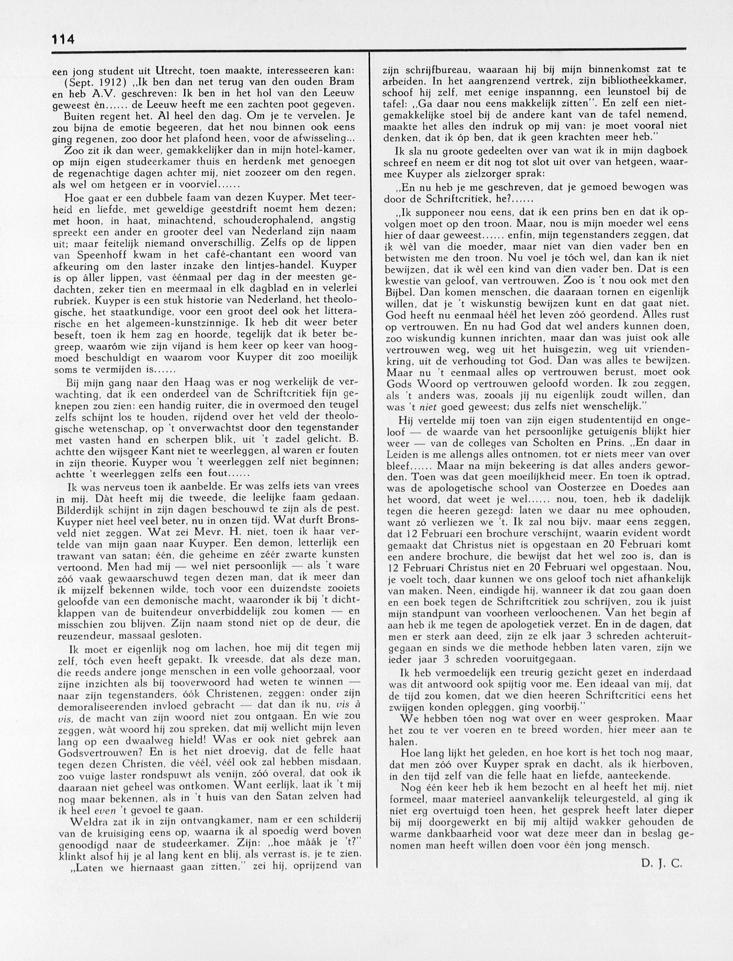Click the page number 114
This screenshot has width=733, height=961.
(x=63, y=39)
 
